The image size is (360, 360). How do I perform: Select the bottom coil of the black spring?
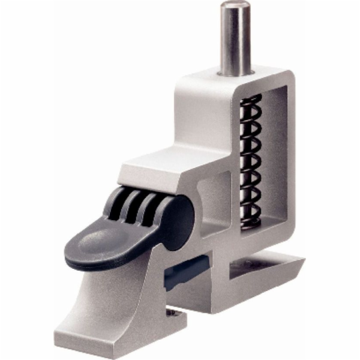click(251, 223)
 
